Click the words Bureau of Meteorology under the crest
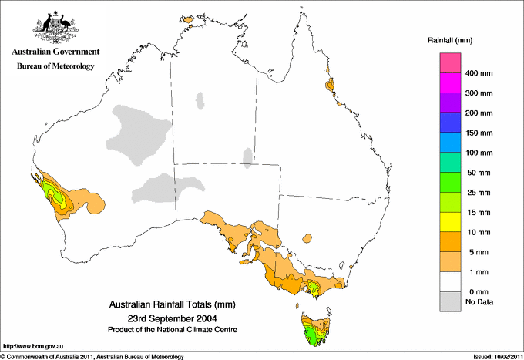click(x=55, y=66)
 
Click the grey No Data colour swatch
click(x=450, y=302)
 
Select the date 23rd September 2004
click(x=172, y=318)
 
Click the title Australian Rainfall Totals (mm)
click(x=172, y=305)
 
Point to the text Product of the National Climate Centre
click(x=172, y=329)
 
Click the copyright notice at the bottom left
click(x=92, y=356)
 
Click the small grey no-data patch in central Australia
click(x=247, y=157)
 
